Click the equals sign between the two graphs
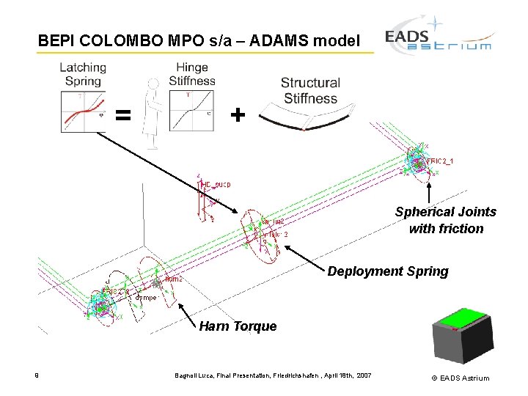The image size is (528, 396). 124,115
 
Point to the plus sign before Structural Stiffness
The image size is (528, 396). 236,115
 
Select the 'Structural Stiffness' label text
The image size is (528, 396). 310,90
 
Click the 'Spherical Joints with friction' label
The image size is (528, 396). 445,220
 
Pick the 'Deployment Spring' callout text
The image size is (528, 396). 387,271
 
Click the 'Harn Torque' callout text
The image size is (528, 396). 238,326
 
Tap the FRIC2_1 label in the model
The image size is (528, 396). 440,161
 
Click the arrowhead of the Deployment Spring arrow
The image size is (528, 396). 286,246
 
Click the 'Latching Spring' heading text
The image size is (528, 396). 82,74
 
